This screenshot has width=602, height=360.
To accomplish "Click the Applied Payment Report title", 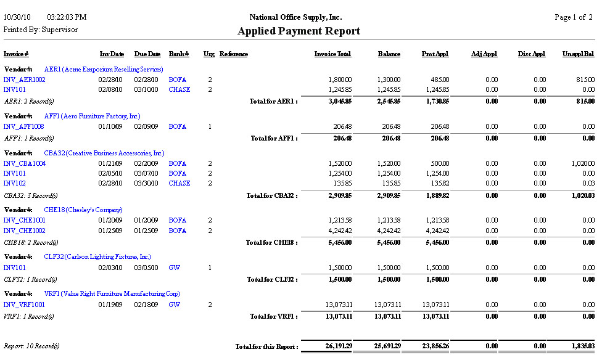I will coord(299,31).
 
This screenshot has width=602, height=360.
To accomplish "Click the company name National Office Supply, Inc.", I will coord(295,17).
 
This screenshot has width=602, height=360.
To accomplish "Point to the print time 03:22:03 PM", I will coord(67,17).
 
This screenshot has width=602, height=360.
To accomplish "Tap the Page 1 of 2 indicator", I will coord(574,17).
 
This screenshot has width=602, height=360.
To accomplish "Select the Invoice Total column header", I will coord(332,54).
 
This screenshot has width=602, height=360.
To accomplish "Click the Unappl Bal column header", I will coord(579,54).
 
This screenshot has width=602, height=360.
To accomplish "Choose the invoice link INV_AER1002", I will coord(24,80).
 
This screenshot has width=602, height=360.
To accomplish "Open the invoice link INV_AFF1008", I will coord(24,126).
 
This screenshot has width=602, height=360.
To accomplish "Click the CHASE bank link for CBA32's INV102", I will coord(179,183).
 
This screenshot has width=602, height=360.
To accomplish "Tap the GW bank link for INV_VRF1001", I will coord(174,304).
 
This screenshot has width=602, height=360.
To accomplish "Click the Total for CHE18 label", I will coord(272,242).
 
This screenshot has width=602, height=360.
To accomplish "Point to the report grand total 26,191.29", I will coord(339,346).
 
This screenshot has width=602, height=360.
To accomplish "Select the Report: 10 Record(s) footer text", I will coord(31,346).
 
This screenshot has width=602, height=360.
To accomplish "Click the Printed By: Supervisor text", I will coord(41,30).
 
